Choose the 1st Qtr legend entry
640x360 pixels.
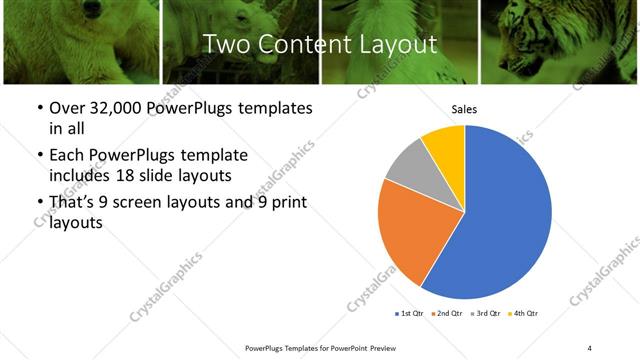point(410,313)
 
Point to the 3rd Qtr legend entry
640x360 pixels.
point(487,313)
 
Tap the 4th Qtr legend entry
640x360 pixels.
point(525,313)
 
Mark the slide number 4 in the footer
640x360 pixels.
point(589,347)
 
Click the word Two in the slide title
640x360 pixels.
point(223,44)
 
